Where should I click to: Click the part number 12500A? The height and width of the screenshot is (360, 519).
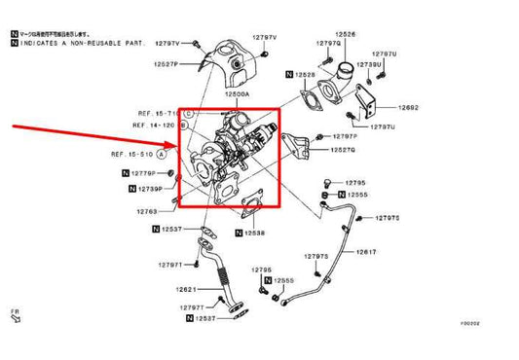pyautogui.click(x=235, y=94)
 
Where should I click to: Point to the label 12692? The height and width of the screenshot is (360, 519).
pyautogui.click(x=408, y=107)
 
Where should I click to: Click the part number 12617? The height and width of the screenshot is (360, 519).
pyautogui.click(x=365, y=251)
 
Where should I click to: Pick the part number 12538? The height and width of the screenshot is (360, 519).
pyautogui.click(x=253, y=234)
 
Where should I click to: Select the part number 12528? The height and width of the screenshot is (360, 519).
pyautogui.click(x=306, y=75)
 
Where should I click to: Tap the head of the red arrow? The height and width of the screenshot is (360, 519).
pyautogui.click(x=177, y=146)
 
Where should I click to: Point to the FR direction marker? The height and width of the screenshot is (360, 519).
pyautogui.click(x=15, y=315)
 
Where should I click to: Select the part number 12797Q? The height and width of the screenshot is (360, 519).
pyautogui.click(x=328, y=44)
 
